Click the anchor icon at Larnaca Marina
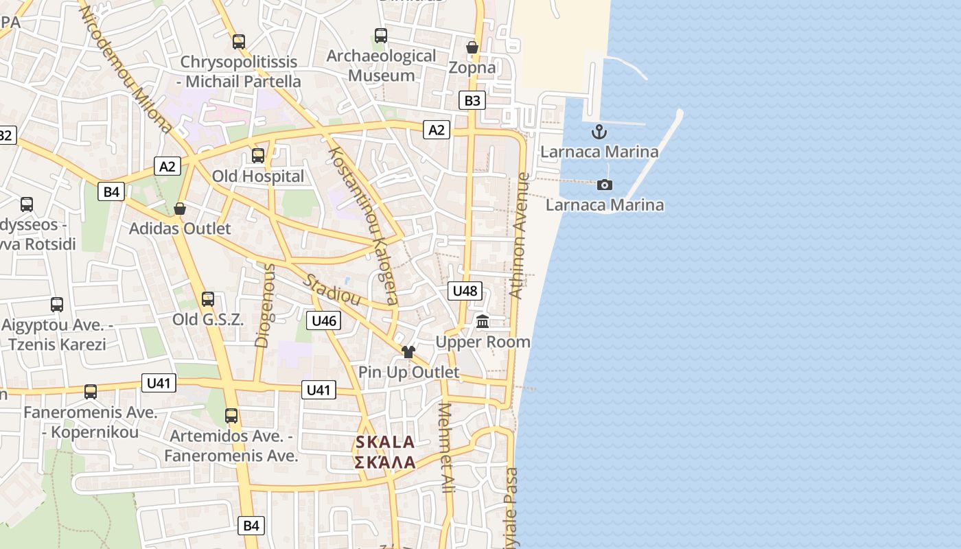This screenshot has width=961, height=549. [599, 132]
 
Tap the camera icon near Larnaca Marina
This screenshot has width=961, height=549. [605, 185]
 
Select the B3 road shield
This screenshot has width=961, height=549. [472, 101]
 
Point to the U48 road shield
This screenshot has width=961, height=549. [465, 291]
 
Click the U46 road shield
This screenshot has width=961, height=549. [323, 320]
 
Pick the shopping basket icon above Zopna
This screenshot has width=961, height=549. [472, 47]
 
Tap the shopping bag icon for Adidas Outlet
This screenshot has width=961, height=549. [180, 208]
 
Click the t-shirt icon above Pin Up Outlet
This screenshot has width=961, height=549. [408, 352]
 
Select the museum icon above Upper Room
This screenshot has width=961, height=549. [483, 321]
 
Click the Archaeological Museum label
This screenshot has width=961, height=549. [381, 65]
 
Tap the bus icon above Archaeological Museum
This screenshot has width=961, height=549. [381, 36]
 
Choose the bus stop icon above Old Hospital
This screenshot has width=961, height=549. [258, 156]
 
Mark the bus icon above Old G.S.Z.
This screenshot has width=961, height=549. [208, 299]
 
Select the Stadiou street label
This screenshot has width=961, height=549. [332, 290]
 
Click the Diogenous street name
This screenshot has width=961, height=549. [264, 305]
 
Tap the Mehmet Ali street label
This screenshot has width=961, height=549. [446, 447]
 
